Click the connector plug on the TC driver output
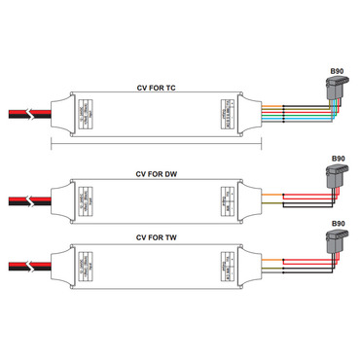[338, 96]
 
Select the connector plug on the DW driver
[338, 179]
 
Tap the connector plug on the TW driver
[338, 243]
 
